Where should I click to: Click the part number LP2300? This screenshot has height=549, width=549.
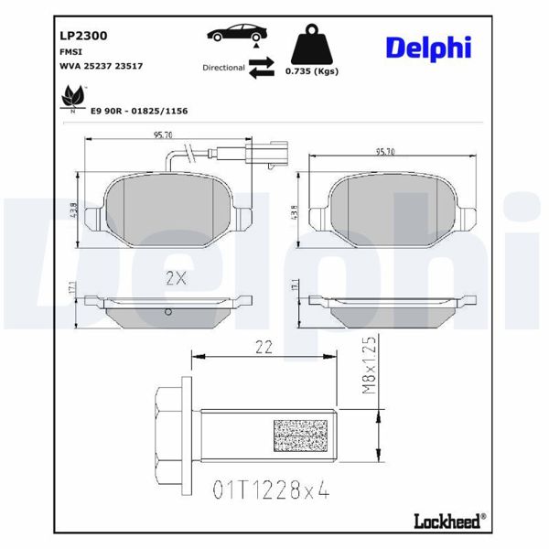(83, 36)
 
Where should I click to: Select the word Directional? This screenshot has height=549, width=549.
(223, 68)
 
